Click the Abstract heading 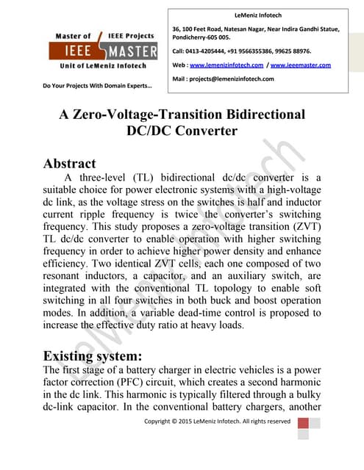point(70,163)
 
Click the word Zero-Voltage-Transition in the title point(160,115)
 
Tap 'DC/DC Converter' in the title point(182,131)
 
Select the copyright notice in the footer point(217,422)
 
